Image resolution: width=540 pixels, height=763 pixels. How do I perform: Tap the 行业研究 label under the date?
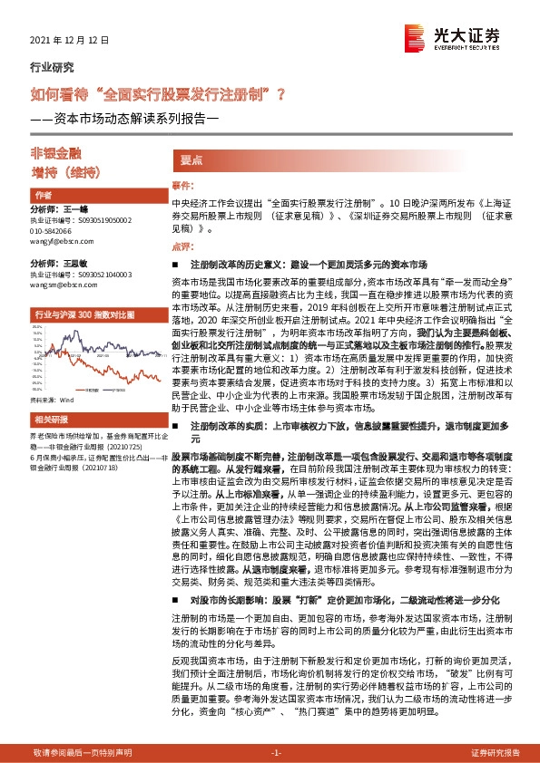pyautogui.click(x=51, y=66)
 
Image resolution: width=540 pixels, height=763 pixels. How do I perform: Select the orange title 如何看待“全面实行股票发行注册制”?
pyautogui.click(x=159, y=93)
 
